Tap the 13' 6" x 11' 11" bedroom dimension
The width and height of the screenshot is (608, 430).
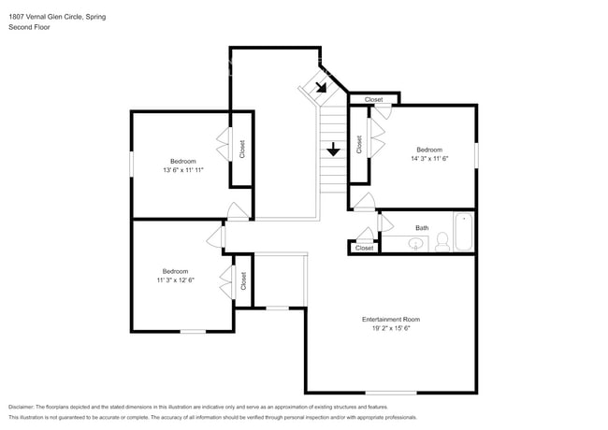(182, 170)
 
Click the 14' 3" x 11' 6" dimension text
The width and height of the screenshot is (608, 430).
(429, 159)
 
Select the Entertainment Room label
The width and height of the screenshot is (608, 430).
(391, 320)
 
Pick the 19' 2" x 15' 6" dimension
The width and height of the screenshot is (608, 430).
(391, 329)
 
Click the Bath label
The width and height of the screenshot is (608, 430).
(422, 227)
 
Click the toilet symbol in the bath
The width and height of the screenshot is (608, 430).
(441, 243)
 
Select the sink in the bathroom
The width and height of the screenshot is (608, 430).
(417, 244)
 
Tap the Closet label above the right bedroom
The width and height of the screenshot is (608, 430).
(373, 99)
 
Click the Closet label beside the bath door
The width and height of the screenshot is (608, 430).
(364, 248)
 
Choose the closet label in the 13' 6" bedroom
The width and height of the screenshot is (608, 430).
(242, 149)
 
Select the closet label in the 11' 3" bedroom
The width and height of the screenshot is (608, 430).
(242, 280)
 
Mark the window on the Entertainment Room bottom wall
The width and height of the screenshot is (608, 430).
(391, 393)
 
